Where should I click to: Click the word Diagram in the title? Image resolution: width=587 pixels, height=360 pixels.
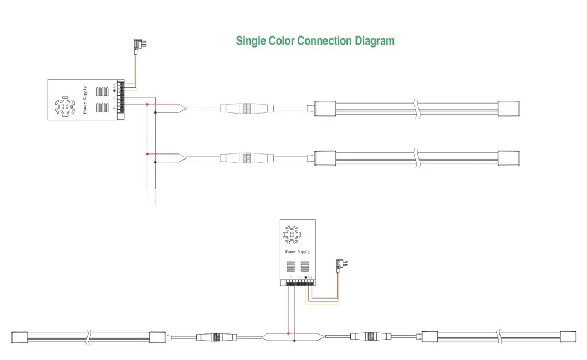point(375,41)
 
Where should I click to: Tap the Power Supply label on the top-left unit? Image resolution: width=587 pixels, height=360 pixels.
point(85,100)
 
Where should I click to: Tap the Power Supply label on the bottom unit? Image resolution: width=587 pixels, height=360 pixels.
point(297,251)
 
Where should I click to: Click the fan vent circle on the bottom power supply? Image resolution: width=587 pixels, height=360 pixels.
point(292,235)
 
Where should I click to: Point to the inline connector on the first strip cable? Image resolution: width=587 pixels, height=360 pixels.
point(245,109)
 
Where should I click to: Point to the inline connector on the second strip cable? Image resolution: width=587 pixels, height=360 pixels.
point(245,158)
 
